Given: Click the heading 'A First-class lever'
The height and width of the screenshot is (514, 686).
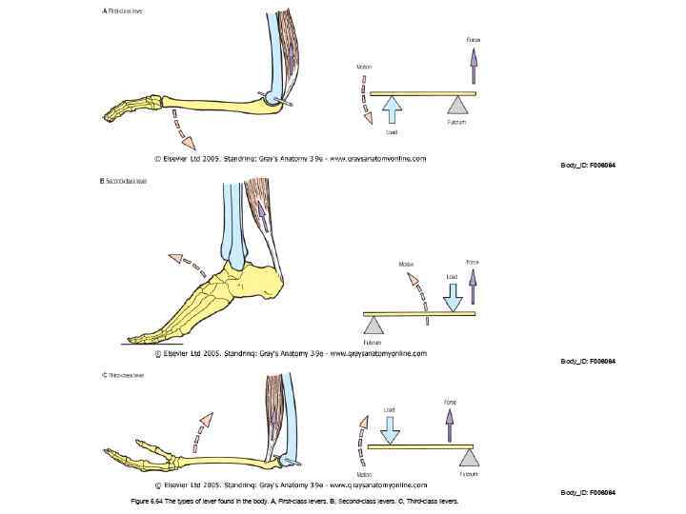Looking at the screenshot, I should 123,11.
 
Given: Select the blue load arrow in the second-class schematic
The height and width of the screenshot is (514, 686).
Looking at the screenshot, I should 453,294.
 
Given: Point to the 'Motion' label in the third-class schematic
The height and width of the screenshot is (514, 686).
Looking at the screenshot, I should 365,474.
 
